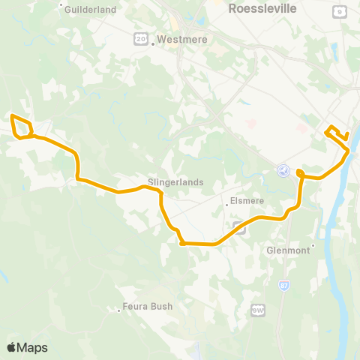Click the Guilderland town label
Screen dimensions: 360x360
coord(91,10)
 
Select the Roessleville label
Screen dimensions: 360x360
coord(262,8)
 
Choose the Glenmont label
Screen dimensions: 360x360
coord(289,250)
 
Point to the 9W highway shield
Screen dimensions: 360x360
coord(258,309)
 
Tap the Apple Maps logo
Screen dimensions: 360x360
coord(27,347)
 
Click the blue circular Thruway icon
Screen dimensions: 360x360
coord(283,171)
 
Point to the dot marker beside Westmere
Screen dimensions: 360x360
coord(152,43)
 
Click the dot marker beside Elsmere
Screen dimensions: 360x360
coord(226,203)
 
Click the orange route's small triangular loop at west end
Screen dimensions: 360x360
coord(22,127)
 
